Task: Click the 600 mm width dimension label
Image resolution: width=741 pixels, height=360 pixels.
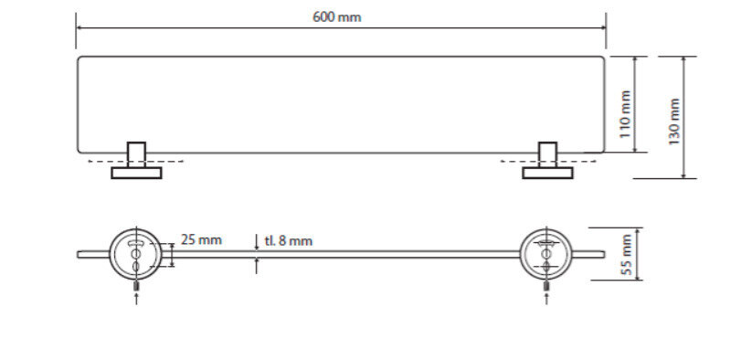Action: point(337,17)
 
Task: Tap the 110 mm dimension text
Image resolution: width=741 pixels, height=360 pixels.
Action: point(625,114)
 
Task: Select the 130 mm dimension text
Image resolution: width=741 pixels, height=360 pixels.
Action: point(674,122)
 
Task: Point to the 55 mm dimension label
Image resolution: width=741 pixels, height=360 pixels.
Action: point(626,254)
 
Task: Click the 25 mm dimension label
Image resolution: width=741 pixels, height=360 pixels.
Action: point(201,239)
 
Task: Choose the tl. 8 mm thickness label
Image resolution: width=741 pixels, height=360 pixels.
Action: point(289,241)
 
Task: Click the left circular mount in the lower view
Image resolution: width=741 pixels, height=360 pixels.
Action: point(135,254)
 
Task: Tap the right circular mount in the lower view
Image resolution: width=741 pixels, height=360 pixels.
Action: point(545,254)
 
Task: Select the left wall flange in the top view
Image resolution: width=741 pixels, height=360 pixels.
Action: point(136,173)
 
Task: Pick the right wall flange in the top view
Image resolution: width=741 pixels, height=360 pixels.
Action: point(547,173)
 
